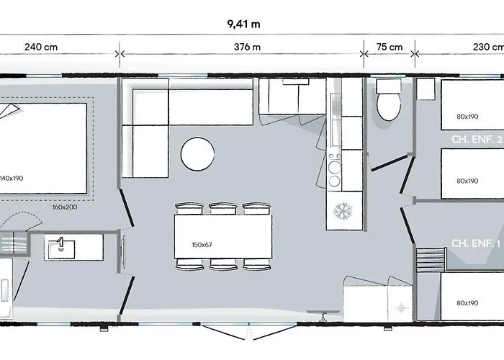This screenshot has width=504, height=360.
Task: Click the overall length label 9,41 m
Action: (243, 24)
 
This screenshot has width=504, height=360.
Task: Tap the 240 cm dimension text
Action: (41, 48)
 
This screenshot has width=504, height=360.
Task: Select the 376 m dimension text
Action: (247, 48)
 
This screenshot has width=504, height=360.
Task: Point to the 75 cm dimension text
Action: (390, 48)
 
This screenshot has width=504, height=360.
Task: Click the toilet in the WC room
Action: (389, 99)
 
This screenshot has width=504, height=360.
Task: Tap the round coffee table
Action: (198, 154)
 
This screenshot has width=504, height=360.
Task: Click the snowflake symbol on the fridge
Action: (343, 211)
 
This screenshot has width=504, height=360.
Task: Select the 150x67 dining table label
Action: (202, 245)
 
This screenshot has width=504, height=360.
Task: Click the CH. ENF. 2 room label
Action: (477, 140)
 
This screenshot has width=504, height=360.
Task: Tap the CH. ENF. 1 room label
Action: (476, 243)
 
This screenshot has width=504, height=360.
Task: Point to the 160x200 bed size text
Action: (65, 207)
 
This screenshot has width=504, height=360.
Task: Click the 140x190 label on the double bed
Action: (12, 179)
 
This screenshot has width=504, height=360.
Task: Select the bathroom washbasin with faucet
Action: (61, 248)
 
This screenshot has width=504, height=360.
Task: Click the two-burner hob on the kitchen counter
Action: (335, 171)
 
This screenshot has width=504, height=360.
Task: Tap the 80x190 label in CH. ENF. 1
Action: (467, 303)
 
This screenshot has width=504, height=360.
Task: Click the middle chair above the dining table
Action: (223, 209)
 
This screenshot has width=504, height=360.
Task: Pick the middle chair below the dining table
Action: (223, 264)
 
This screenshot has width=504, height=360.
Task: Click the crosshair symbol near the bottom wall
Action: (401, 308)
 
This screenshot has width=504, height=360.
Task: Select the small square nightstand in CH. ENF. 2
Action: (426, 89)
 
